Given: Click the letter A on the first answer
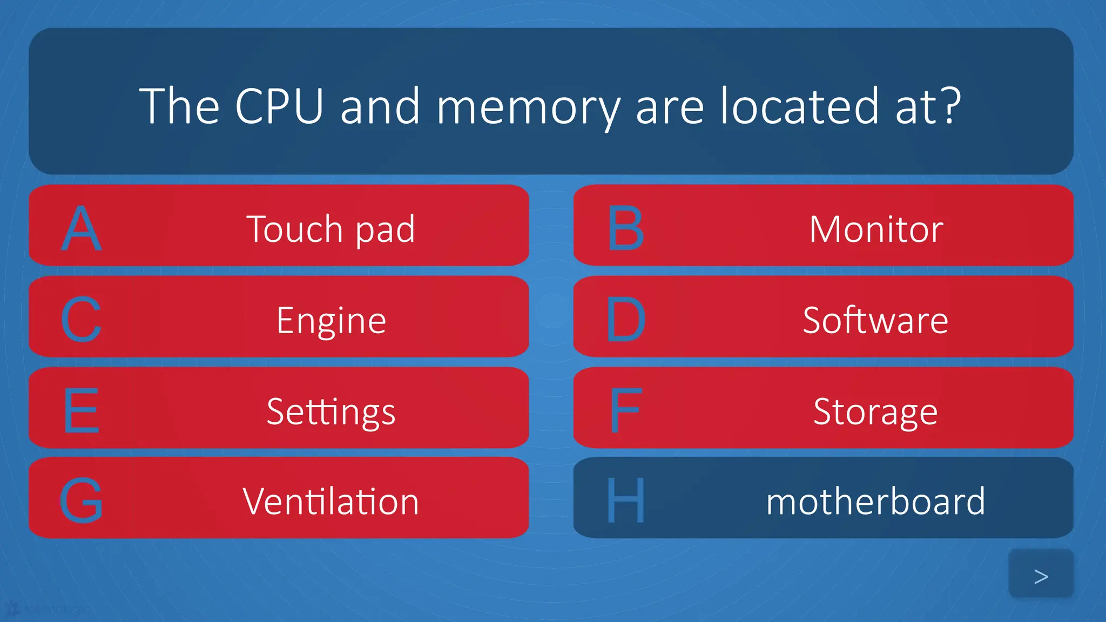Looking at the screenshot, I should point(81,229).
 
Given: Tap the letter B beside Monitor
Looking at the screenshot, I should point(625,229).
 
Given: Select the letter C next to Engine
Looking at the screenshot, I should point(81,320).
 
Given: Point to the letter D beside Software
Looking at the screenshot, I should point(625,320).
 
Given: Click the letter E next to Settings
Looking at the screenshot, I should point(81,411).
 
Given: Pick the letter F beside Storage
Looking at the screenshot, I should point(625,411).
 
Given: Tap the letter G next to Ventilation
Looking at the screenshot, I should point(81,501).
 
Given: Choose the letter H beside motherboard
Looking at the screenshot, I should point(625,501).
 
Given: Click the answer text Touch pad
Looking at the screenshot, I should point(331,229).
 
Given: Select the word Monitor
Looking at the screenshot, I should point(876,229).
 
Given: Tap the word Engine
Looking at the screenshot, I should point(331,321).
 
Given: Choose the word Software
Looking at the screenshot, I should point(875,320).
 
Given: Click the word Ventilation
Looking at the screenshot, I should point(331,502).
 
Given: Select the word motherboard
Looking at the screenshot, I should point(875,502).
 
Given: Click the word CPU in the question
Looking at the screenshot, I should point(279,106).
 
